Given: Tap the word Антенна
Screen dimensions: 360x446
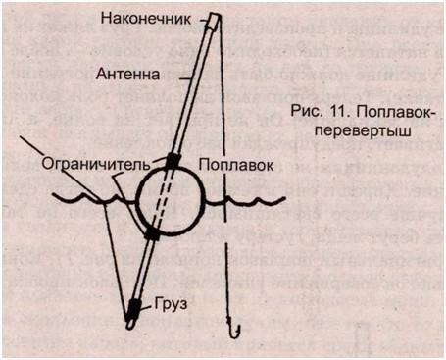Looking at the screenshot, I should pyautogui.click(x=124, y=73).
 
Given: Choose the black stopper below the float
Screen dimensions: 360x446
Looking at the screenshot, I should pyautogui.click(x=152, y=233).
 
